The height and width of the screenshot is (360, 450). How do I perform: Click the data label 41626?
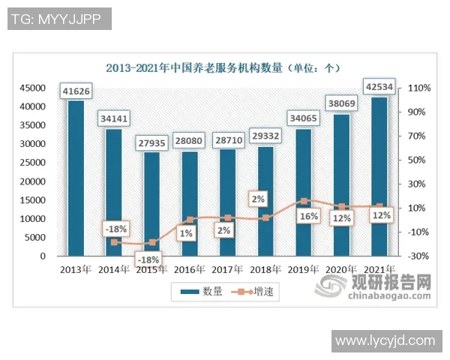[76, 91]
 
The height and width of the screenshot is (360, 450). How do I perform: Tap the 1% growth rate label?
[185, 233]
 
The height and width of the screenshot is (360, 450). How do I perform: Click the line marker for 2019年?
[304, 201]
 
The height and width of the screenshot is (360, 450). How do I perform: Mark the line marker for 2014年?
[114, 242]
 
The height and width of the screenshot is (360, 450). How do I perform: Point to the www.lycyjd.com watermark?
[385, 341]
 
